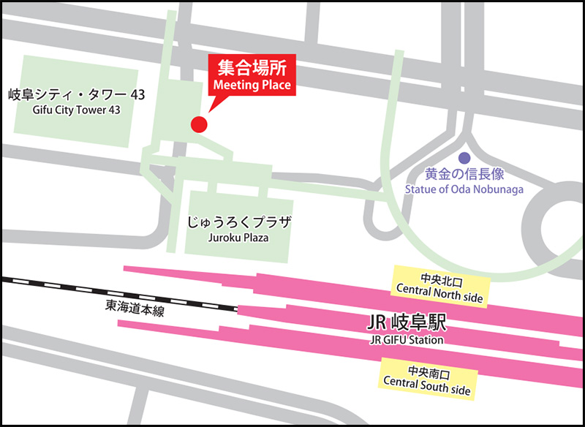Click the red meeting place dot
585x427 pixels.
pos(199,124)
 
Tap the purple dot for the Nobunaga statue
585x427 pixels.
pos(464,157)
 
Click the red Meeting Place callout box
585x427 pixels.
pos(252,76)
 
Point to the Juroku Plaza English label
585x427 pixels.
pos(239,238)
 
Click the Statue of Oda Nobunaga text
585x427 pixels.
pos(464,190)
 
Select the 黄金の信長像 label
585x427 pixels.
pos(465,175)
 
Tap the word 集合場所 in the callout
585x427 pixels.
pos(252,69)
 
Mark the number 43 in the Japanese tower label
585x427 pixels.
pos(137,95)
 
